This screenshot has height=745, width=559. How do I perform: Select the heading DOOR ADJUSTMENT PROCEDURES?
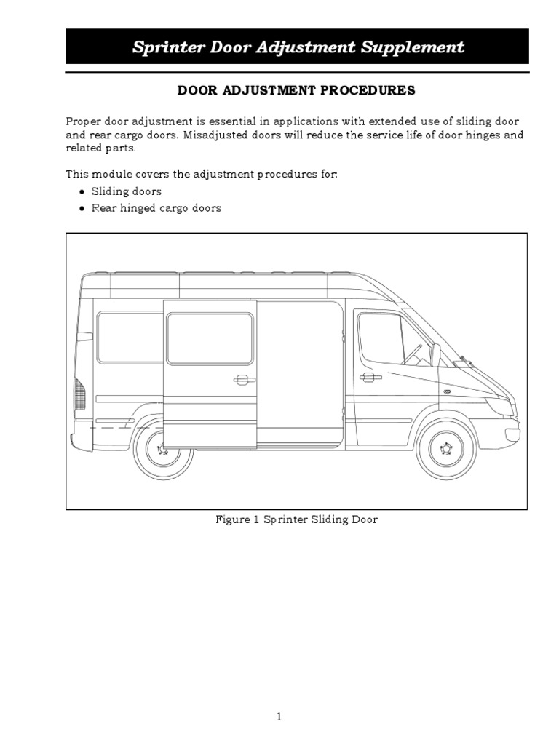point(297,91)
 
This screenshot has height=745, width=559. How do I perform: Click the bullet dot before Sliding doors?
point(81,192)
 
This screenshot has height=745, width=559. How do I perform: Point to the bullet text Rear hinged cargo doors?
point(156,208)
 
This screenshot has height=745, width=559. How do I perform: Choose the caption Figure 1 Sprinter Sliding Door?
point(297,520)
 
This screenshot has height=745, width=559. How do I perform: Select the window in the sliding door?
point(210,338)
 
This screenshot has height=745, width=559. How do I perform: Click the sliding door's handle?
point(244,379)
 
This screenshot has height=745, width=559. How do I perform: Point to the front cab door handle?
point(370,377)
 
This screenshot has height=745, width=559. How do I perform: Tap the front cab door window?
point(381,338)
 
